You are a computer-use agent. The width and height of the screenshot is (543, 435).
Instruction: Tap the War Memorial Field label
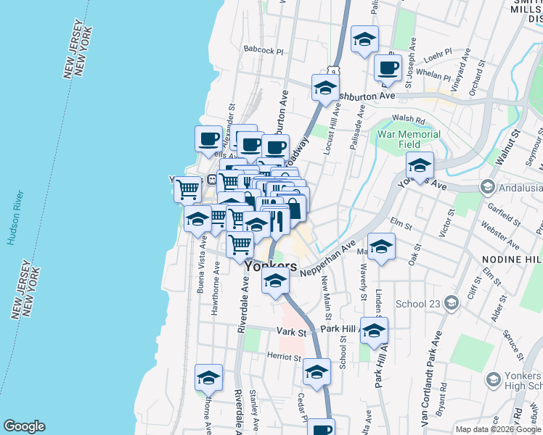point(409,139)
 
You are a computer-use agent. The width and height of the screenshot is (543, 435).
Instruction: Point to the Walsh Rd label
point(407,118)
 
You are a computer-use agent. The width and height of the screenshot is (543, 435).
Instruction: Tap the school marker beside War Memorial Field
point(419,166)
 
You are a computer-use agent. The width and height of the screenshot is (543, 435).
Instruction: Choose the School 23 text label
point(419,304)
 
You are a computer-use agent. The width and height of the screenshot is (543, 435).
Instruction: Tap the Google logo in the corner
point(24,426)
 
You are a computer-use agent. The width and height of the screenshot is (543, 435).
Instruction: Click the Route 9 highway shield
point(332,71)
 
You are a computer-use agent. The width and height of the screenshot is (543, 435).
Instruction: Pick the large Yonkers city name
point(271,266)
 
